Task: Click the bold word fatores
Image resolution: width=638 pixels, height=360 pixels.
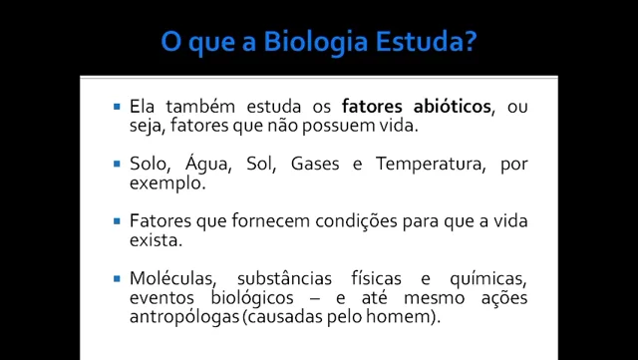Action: coord(370,107)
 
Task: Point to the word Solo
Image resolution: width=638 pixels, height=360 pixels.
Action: coord(150,164)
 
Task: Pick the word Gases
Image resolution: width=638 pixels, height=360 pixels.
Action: coord(315,164)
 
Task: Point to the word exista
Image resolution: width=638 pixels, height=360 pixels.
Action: coord(155,240)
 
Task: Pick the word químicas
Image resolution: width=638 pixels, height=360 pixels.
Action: coord(488,277)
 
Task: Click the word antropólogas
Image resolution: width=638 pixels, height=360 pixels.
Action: coord(183,317)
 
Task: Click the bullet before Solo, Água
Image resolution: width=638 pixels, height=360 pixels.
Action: coord(118,163)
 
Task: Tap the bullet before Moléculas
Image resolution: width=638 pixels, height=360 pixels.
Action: coord(118,276)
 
